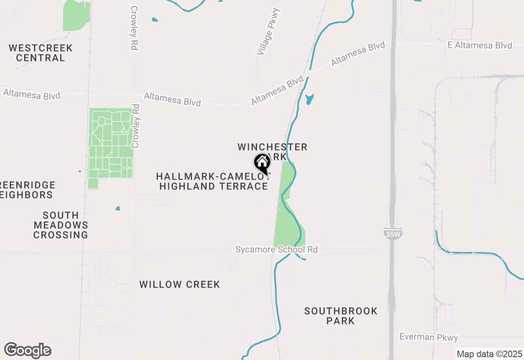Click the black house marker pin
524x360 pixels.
pyautogui.click(x=262, y=163)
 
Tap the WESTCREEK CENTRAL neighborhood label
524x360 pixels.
pyautogui.click(x=41, y=53)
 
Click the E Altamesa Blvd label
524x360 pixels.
pyautogui.click(x=480, y=45)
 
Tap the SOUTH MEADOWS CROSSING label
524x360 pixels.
pyautogui.click(x=61, y=225)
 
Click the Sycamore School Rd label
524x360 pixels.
pyautogui.click(x=276, y=249)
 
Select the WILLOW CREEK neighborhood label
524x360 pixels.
pyautogui.click(x=180, y=284)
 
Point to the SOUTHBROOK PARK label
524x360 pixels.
pyautogui.click(x=341, y=316)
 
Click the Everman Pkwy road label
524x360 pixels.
pyautogui.click(x=429, y=337)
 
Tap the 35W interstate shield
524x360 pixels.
pyautogui.click(x=393, y=234)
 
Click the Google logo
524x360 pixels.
pyautogui.click(x=27, y=350)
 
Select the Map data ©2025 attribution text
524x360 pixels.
pyautogui.click(x=489, y=354)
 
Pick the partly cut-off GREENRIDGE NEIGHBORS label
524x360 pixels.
pyautogui.click(x=27, y=190)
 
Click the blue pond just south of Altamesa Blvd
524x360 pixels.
pyautogui.click(x=309, y=99)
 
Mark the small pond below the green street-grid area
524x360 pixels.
pyautogui.click(x=117, y=208)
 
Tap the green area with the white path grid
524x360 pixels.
pyautogui.click(x=111, y=143)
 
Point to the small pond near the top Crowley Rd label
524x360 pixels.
pyautogui.click(x=154, y=19)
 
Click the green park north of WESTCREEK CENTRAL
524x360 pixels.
pyautogui.click(x=76, y=15)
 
